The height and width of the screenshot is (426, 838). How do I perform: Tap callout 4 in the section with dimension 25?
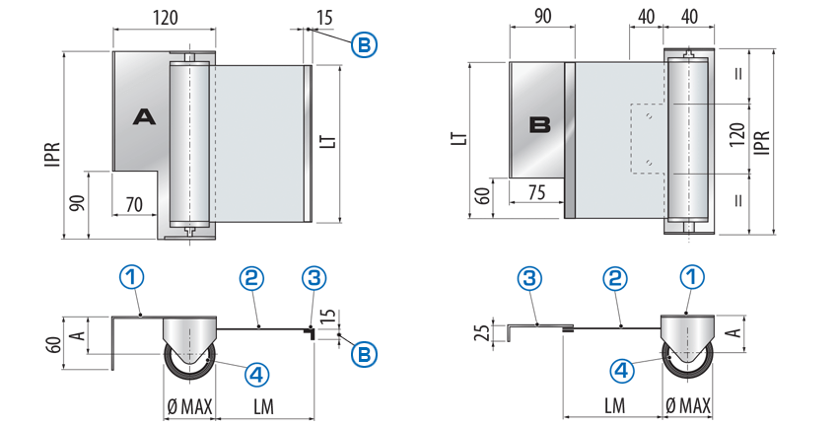(x=622, y=371)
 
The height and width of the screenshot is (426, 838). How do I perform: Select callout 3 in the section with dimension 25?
(x=531, y=278)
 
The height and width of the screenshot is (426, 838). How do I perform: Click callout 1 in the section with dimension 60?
(x=130, y=278)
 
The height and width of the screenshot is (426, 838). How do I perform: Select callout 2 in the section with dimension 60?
(x=251, y=278)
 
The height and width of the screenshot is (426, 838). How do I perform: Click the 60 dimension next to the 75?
(x=481, y=194)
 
